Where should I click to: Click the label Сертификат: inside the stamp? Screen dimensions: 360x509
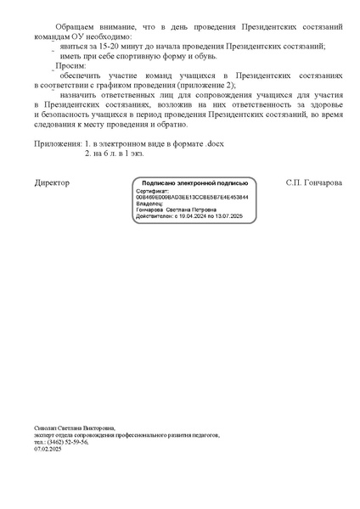coord(152,191)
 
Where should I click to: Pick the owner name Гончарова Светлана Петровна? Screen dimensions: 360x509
coord(177,210)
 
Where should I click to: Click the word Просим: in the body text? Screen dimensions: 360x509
coord(70,64)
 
